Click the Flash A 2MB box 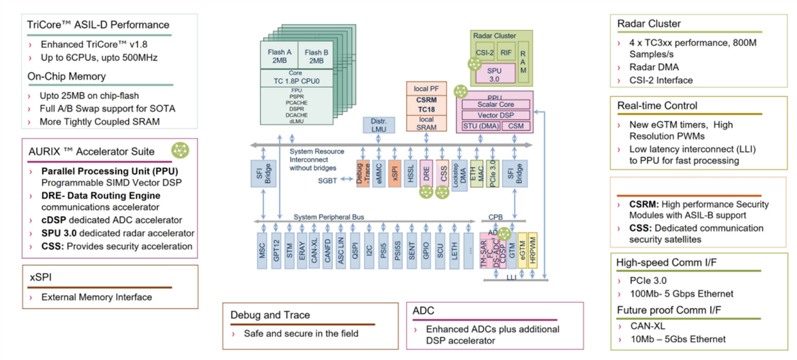click(x=280, y=56)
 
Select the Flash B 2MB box click(x=316, y=56)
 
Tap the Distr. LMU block click(x=379, y=124)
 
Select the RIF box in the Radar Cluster click(x=506, y=53)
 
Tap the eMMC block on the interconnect click(x=379, y=174)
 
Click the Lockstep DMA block click(x=459, y=174)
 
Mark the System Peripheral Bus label click(x=328, y=217)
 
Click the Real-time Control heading click(x=648, y=106)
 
